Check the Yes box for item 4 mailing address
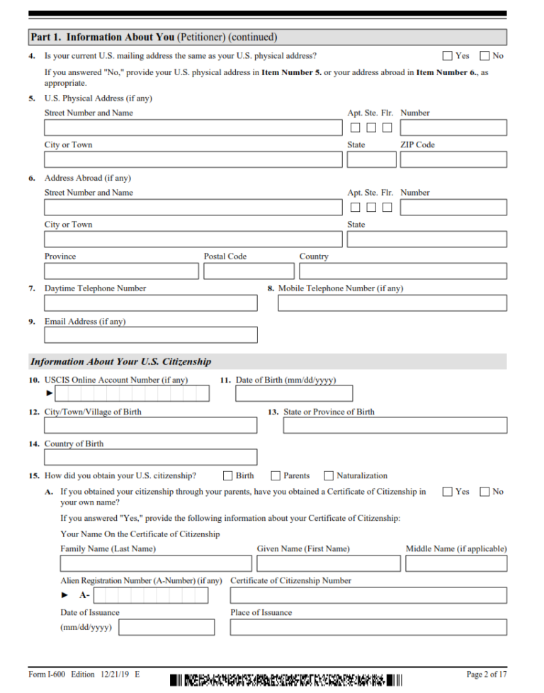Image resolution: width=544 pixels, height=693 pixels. point(448,56)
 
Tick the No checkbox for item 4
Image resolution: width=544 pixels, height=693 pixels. point(485,56)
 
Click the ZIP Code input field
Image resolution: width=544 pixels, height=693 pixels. point(453,159)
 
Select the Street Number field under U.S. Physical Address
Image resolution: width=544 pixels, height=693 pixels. point(193,128)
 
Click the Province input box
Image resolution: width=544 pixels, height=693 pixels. point(121,271)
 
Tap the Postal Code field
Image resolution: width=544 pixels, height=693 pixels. point(249,271)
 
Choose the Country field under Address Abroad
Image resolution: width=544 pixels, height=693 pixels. point(402,271)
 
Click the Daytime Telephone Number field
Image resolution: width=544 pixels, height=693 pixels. point(151,303)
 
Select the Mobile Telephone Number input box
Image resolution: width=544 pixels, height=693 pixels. point(392,303)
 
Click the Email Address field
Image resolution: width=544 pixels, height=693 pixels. point(151,335)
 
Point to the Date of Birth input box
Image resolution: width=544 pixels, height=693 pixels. point(293,393)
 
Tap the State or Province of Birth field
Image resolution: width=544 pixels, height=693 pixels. point(395,425)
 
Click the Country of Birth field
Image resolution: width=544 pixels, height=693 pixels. point(151,457)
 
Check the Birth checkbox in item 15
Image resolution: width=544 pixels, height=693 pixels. point(228,476)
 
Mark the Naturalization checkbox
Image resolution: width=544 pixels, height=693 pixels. point(329,476)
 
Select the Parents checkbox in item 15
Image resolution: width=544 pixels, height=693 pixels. point(276,476)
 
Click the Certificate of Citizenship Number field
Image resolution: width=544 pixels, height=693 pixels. point(368,595)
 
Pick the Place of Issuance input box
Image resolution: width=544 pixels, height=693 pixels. point(368,627)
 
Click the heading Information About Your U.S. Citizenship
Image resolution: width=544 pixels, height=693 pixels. point(120,361)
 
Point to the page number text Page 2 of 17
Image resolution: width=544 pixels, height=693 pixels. point(486,674)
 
